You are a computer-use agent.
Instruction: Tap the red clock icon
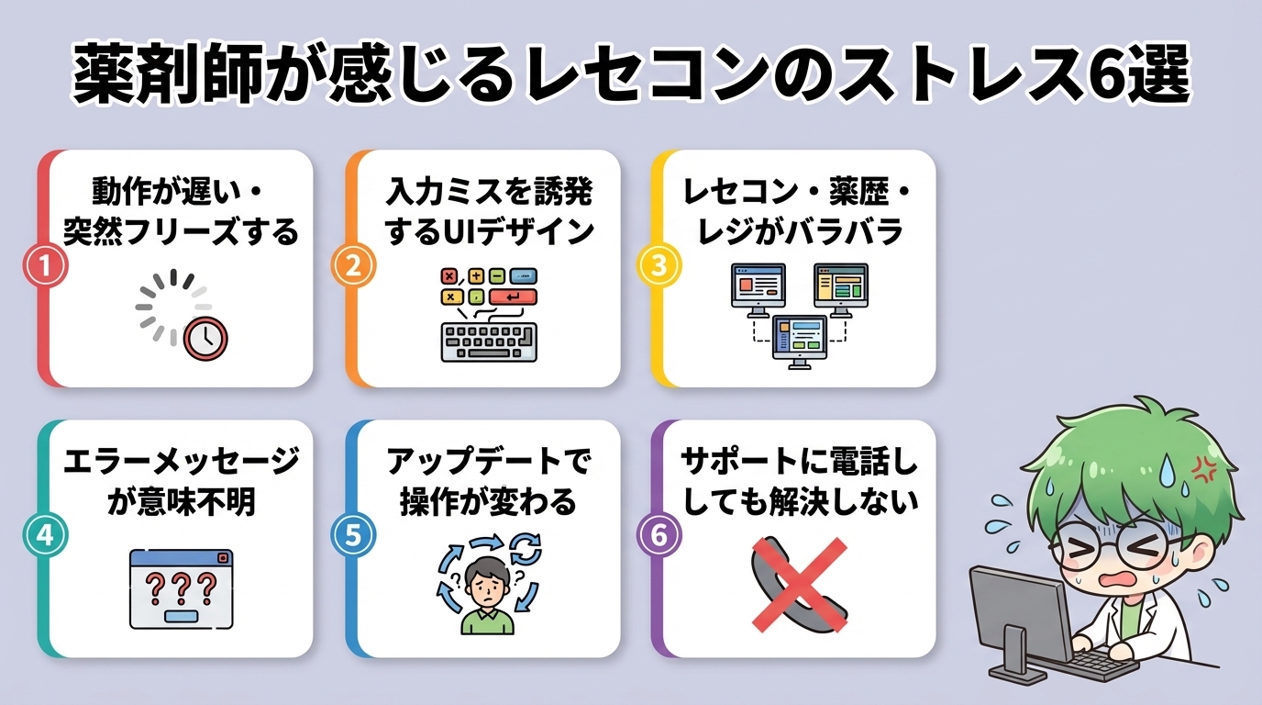point(205,338)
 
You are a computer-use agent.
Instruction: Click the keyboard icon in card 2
point(488,341)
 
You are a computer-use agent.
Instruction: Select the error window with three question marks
point(181,587)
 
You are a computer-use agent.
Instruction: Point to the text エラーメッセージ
point(181,462)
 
